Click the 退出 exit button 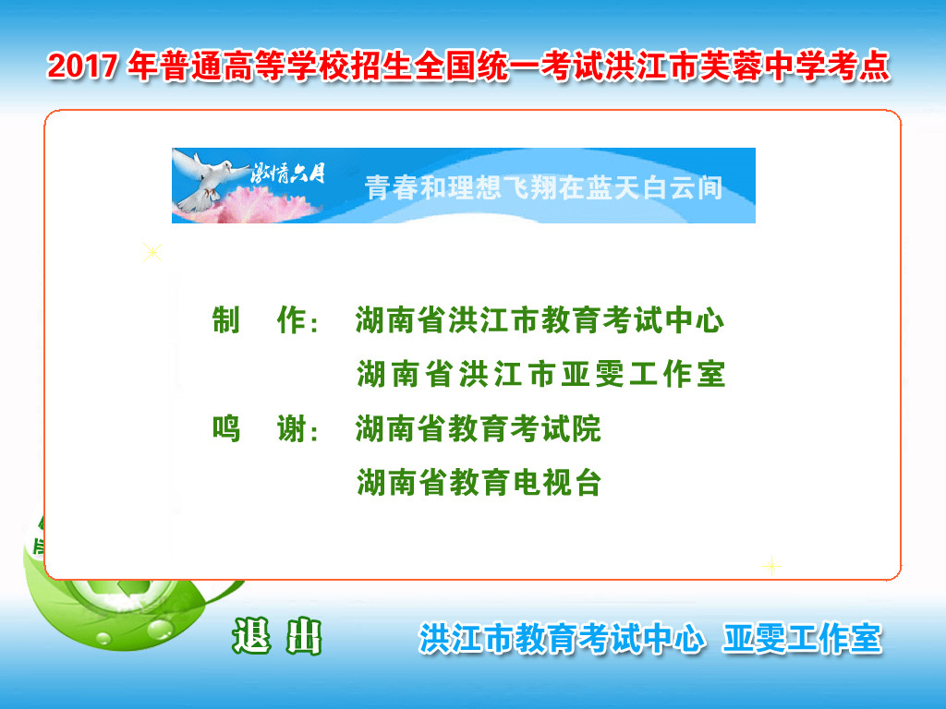277,637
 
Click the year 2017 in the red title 82,66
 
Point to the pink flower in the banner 261,205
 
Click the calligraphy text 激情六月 288,174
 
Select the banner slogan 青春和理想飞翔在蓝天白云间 543,187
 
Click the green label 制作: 266,320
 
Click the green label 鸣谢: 266,429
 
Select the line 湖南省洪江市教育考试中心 540,319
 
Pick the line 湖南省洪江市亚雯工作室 541,374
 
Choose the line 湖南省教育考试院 478,428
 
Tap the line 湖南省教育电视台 479,483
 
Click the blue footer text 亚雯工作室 803,639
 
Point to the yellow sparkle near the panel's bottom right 771,566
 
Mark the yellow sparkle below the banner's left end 152,252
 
